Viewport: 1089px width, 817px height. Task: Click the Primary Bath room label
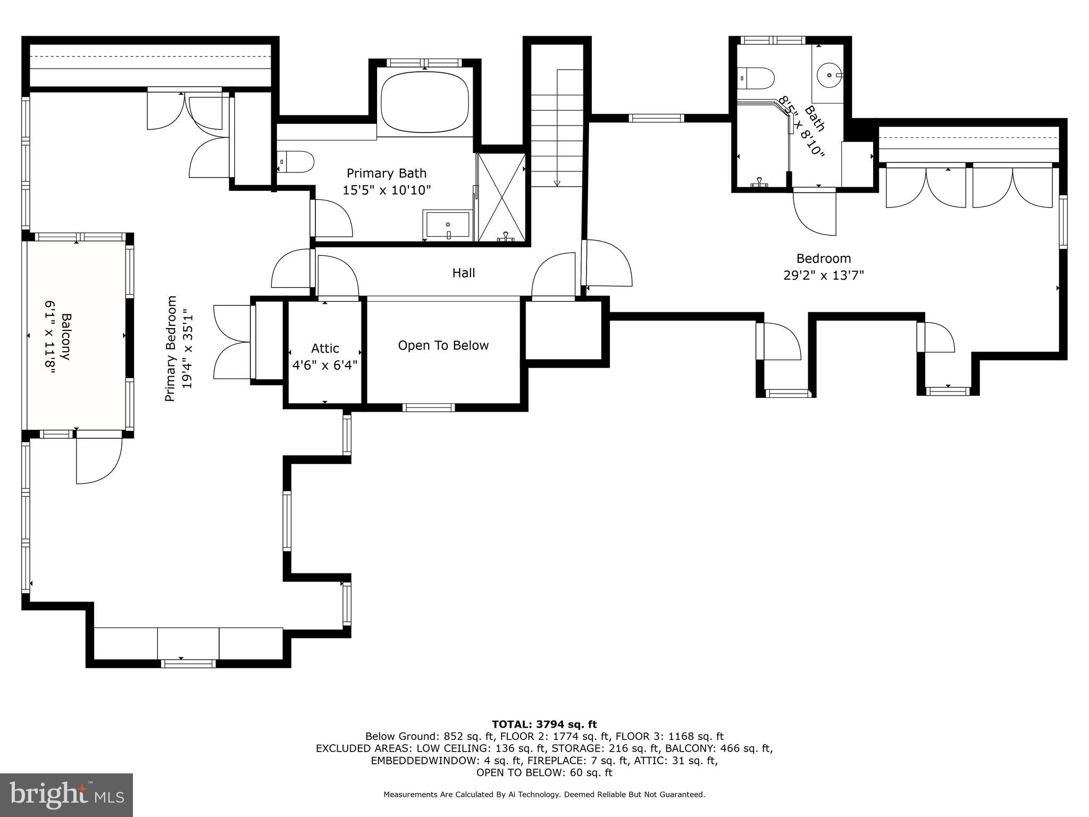pos(387,173)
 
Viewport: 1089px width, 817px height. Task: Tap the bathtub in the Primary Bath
pos(424,102)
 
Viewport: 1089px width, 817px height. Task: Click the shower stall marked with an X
pos(501,197)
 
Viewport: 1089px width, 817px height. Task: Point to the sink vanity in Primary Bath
pos(447,224)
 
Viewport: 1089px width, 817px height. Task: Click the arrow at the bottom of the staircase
pos(557,183)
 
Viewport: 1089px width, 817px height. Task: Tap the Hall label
pos(463,273)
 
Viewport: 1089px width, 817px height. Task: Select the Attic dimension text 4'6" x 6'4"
pos(325,365)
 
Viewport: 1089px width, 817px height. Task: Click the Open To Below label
pos(443,346)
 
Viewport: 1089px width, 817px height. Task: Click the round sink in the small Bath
pos(829,76)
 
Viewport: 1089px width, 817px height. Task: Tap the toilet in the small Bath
pos(756,78)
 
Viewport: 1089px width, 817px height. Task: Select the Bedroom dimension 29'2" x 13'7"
pos(823,276)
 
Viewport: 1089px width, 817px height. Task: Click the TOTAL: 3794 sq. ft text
pos(544,724)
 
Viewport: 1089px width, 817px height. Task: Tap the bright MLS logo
pos(66,795)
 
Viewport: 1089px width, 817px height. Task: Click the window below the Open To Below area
pos(429,408)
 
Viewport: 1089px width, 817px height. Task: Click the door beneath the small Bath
pos(814,211)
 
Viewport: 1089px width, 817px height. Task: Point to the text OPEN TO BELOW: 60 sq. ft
pos(544,773)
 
